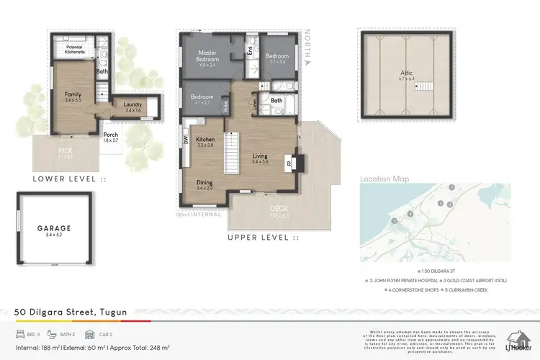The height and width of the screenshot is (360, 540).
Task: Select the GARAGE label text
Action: point(54,228)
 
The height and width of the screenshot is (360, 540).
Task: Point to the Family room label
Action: point(73,96)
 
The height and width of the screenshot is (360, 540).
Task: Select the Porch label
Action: point(111,137)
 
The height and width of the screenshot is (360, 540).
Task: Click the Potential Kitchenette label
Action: point(76,48)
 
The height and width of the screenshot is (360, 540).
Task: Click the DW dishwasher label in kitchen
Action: point(186,140)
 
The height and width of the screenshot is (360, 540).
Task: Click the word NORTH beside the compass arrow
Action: point(307,42)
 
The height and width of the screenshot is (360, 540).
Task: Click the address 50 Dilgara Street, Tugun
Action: point(71,312)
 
